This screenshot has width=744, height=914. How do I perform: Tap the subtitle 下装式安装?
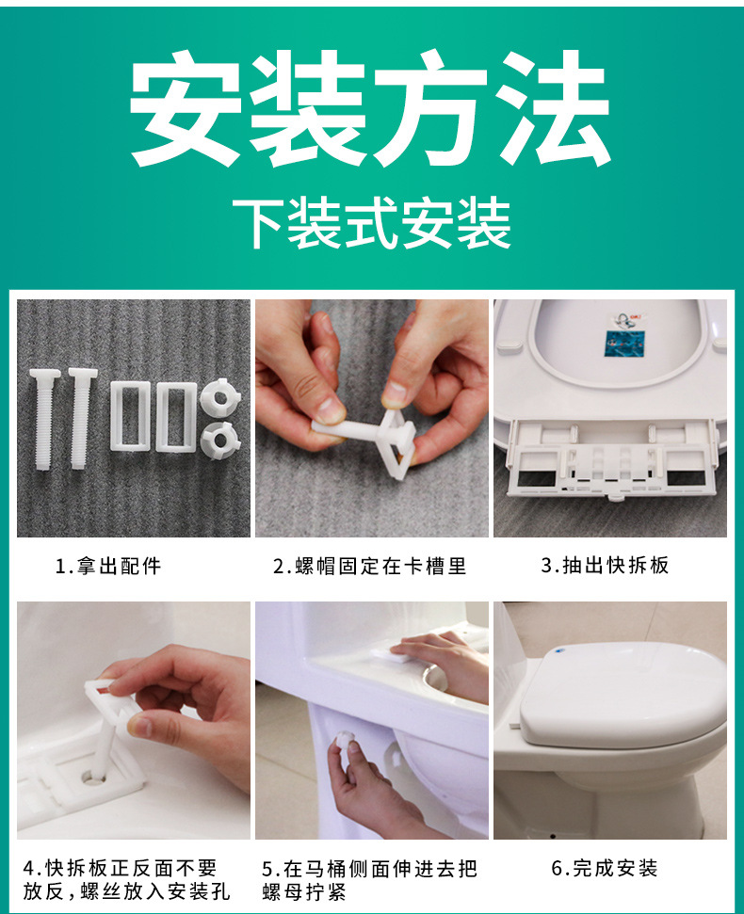click(x=372, y=223)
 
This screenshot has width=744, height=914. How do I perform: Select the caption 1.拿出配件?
click(x=108, y=566)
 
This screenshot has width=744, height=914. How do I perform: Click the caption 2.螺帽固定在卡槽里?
click(x=370, y=566)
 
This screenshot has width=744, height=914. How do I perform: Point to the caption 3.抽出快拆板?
click(x=605, y=566)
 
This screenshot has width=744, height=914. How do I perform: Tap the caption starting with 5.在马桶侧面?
click(x=370, y=879)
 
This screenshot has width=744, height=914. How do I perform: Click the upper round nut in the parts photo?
click(x=219, y=397)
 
